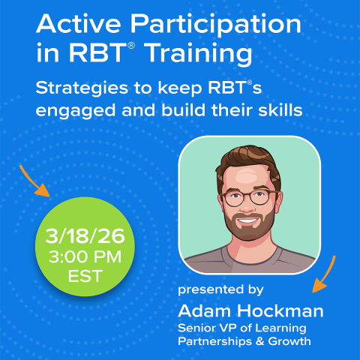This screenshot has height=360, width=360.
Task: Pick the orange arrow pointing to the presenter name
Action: point(325,275)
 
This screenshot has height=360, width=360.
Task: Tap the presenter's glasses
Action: point(247,199)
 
